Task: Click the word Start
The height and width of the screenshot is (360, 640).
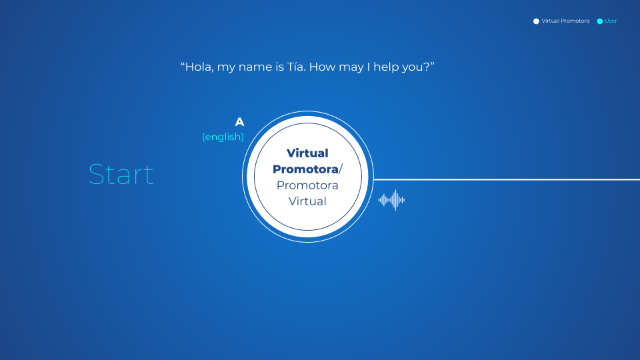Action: [x=121, y=174]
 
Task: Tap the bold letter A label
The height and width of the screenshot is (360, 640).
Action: [x=239, y=122]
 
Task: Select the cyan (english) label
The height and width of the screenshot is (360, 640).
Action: [x=223, y=137]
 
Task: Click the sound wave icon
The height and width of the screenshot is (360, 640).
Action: [x=391, y=200]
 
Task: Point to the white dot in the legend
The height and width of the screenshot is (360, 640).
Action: [x=536, y=21]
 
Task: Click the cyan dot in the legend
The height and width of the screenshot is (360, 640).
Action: [x=599, y=21]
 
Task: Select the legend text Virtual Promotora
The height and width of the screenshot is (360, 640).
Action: [x=565, y=21]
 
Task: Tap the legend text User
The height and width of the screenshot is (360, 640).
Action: [x=611, y=21]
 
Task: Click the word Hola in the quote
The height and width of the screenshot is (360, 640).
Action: [x=199, y=67]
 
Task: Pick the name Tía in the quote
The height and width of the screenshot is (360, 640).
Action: [x=296, y=67]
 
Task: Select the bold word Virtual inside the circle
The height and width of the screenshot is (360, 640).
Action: [x=307, y=153]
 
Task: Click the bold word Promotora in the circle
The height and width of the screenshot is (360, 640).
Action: [x=306, y=169]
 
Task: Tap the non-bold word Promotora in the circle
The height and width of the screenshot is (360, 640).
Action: [x=307, y=185]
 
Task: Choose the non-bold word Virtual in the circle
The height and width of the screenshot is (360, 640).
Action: [x=307, y=201]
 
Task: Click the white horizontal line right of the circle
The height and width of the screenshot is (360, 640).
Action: [x=507, y=179]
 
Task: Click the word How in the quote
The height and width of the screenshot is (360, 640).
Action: [x=322, y=67]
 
